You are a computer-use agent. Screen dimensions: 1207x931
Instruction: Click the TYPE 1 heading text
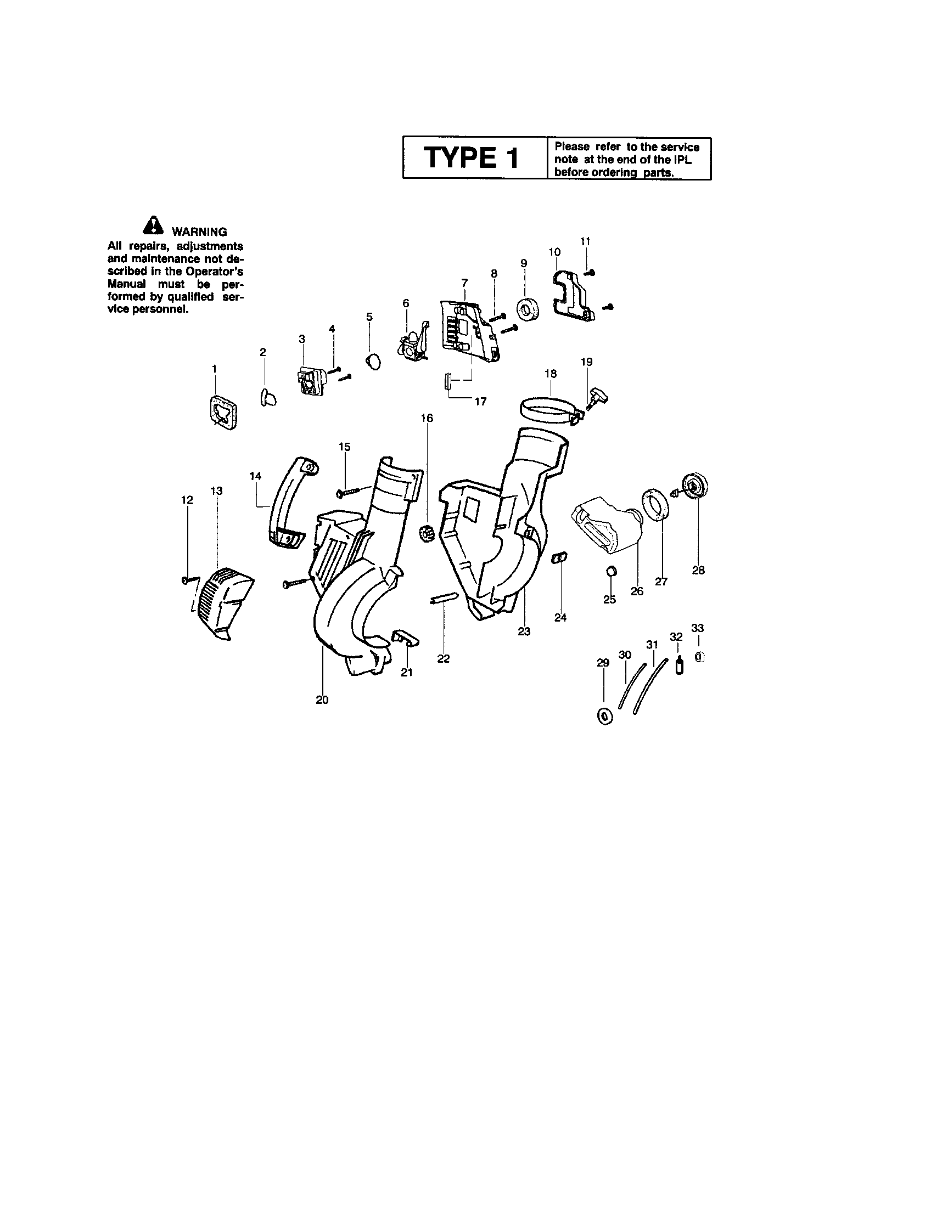(472, 158)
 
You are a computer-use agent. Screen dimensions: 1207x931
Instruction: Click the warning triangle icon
(153, 226)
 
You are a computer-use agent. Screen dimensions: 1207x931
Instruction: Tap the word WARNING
(199, 232)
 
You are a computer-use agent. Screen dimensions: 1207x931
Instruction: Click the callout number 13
(216, 491)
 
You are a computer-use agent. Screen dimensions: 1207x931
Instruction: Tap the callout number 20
(322, 700)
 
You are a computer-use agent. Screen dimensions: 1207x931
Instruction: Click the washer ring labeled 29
(605, 716)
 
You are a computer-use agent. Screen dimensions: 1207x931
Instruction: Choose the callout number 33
(698, 628)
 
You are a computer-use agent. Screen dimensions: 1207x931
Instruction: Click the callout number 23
(524, 631)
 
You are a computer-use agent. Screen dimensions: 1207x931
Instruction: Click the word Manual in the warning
(126, 284)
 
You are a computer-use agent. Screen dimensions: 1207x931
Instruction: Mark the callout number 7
(464, 284)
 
